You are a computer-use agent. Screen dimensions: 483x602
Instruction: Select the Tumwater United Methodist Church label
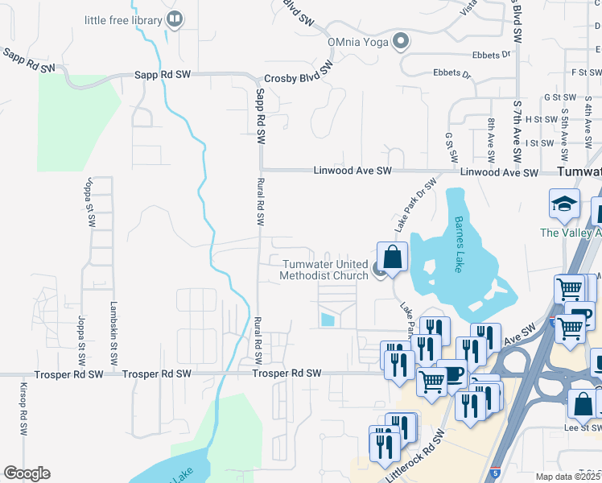click(324, 270)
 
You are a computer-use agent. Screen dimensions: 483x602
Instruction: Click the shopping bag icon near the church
click(392, 258)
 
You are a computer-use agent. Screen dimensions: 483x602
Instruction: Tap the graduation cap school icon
click(564, 204)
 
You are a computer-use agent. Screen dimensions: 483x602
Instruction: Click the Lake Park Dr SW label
click(414, 200)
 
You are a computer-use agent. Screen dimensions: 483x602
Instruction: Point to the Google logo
click(27, 473)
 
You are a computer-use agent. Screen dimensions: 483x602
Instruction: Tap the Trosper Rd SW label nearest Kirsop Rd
click(68, 375)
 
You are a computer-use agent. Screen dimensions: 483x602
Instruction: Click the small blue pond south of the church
click(327, 320)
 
